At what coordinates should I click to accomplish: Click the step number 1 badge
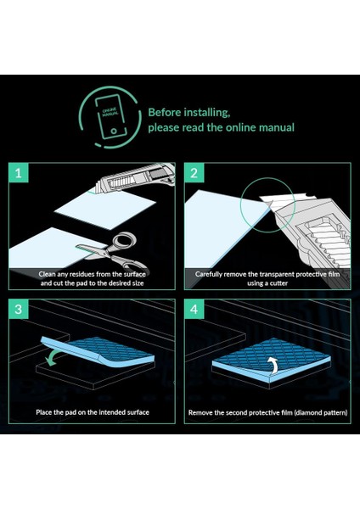(19, 172)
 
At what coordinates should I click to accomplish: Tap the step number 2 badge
(194, 172)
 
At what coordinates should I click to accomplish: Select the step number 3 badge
(19, 309)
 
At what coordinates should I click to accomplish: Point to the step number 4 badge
(194, 309)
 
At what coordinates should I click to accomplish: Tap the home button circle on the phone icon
(114, 131)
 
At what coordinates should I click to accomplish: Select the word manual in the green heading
(276, 127)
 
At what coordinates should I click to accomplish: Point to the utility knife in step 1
(136, 178)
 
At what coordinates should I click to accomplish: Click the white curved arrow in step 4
(275, 365)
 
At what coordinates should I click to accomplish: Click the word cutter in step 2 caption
(278, 283)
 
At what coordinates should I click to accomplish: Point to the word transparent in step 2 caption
(278, 275)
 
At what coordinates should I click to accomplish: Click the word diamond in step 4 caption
(307, 413)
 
